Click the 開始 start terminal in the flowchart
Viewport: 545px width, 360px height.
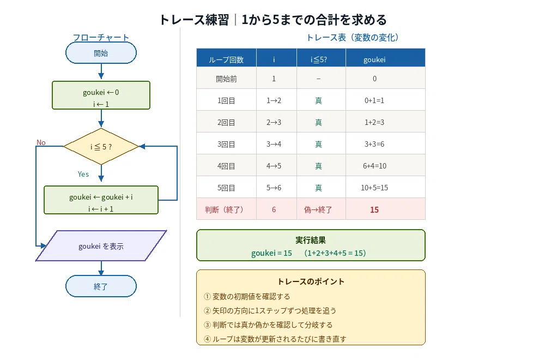(101, 53)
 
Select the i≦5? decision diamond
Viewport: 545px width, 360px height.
(101, 146)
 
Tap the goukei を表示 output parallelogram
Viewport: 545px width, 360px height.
(101, 246)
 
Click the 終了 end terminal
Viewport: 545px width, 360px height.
(101, 286)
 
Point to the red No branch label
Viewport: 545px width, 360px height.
(41, 142)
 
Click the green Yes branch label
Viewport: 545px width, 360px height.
(83, 174)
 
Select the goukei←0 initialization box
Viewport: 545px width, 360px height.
(101, 95)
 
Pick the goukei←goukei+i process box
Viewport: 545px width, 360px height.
(101, 200)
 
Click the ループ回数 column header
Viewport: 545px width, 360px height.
(226, 59)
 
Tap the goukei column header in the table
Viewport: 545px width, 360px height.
(374, 59)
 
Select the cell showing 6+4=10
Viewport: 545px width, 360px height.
(374, 166)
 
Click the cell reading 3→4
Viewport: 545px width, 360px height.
(274, 144)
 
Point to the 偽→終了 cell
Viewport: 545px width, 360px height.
(318, 210)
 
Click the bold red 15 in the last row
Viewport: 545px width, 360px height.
(374, 210)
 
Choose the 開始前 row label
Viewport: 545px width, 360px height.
(226, 79)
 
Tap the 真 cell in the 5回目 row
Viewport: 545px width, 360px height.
(318, 188)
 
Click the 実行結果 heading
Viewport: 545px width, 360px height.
(311, 240)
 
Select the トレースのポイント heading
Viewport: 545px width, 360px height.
(311, 281)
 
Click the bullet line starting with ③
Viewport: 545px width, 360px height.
(268, 325)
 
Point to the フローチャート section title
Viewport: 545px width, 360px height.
(101, 37)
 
